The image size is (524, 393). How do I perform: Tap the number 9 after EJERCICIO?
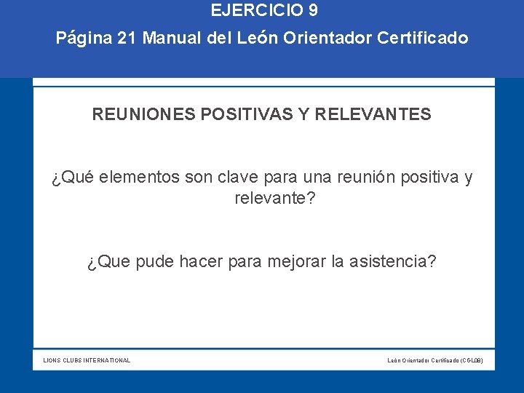(312, 11)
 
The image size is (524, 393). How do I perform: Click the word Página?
(83, 38)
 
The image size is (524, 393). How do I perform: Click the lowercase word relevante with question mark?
(274, 198)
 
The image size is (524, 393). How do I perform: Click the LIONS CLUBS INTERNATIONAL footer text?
(87, 360)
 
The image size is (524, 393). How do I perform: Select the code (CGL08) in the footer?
(472, 360)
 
